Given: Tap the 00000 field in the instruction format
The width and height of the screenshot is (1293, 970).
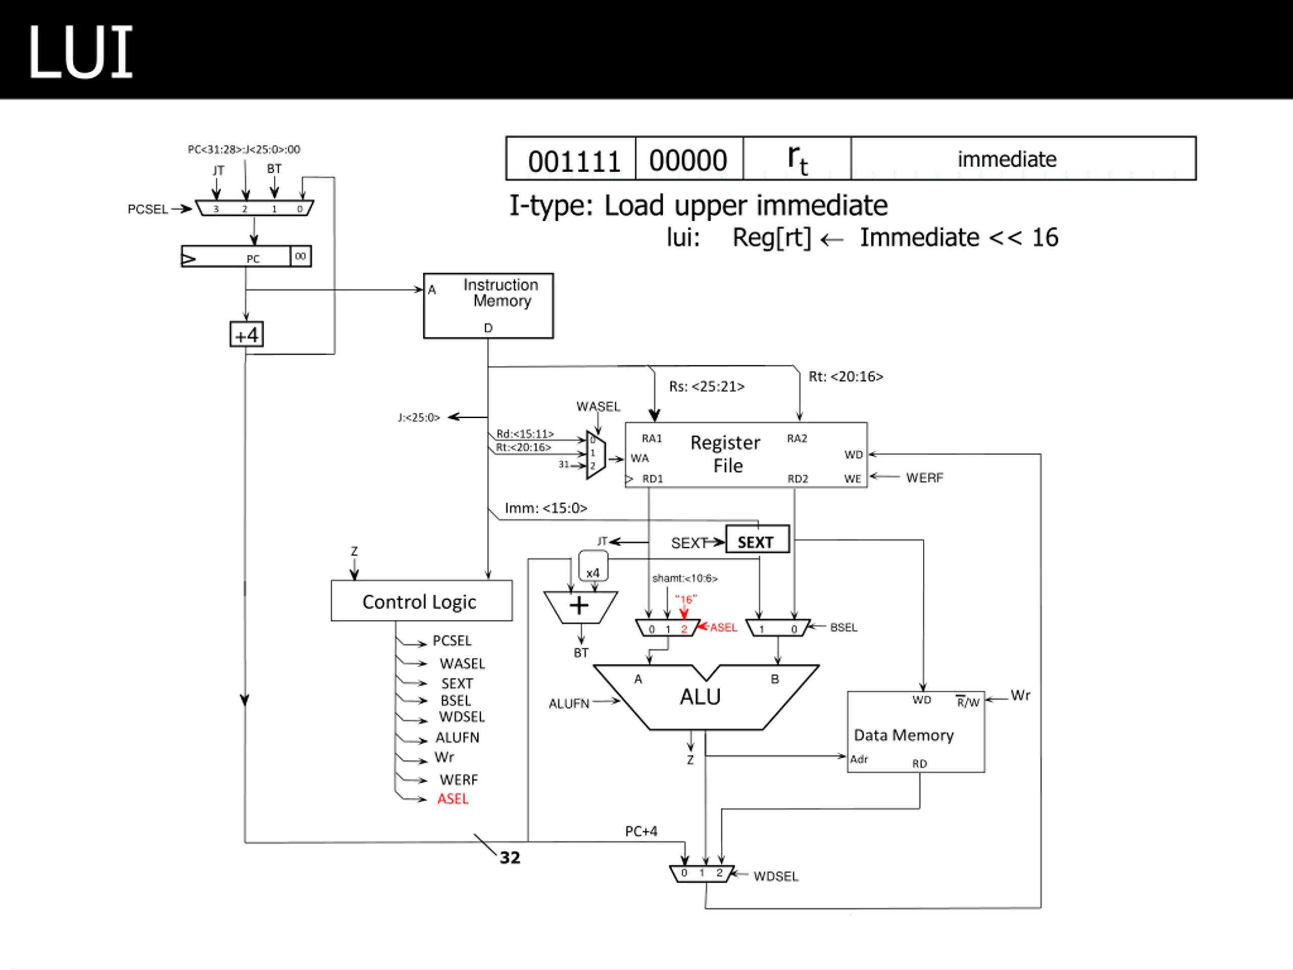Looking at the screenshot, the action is point(688,159).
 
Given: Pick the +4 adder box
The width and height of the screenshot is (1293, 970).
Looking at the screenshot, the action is point(246,334).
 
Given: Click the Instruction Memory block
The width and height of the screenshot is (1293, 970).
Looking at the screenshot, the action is point(488,306).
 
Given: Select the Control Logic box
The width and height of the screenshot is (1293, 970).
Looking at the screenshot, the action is point(421,601).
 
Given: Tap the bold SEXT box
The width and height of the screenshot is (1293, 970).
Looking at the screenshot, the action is point(757,539).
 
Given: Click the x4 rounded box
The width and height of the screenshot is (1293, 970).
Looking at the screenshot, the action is point(593,566).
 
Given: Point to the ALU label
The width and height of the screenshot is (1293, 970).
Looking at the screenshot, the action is point(700,696).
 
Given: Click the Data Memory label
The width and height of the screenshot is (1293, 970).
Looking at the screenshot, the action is point(903,735).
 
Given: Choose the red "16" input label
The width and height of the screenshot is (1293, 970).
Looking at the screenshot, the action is point(686,599).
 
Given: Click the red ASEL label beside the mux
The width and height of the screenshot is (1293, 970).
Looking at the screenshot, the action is point(724,627).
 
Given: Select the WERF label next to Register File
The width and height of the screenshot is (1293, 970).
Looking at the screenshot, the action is point(924,478).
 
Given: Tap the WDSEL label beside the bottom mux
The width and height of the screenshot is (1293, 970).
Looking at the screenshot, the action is point(776,876).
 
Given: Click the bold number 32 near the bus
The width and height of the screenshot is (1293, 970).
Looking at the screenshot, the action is point(510,857).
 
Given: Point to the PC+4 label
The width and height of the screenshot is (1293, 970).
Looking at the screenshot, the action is point(641,831).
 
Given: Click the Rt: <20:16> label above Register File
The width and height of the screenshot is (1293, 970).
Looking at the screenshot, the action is point(846,376).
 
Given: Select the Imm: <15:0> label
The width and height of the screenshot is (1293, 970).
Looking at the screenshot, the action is point(546,508).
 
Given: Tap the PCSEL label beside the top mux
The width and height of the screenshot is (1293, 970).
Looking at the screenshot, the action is point(147,209).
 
